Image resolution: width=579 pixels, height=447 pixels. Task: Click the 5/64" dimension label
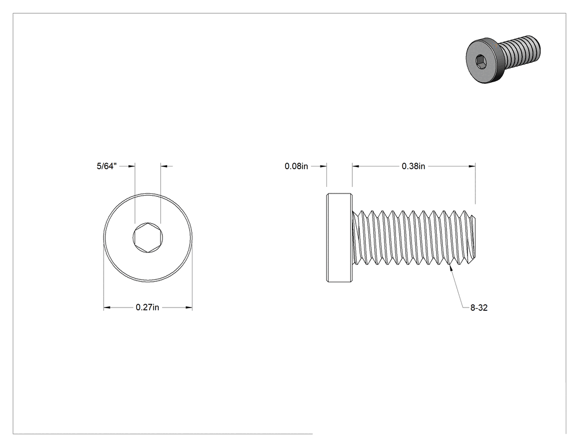107,166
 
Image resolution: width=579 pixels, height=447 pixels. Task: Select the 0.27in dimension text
147,307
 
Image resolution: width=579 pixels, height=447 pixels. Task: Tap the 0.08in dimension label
296,166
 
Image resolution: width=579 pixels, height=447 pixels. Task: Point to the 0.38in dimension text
413,166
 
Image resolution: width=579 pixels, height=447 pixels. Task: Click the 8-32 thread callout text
479,308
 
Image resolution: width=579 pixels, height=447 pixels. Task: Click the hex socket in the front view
148,238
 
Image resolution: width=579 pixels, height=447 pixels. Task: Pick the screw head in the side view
339,238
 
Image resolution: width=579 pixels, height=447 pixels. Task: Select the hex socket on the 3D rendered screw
480,61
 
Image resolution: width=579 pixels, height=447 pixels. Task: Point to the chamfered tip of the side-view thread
473,237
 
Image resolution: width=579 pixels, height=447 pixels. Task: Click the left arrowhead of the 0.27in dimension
107,307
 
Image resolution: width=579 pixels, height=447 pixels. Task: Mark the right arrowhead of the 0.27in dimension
189,307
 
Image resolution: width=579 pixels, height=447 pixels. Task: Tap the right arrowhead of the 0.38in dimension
472,166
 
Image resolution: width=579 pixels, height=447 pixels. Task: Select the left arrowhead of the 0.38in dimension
356,166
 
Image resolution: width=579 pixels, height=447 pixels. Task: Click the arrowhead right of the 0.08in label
323,166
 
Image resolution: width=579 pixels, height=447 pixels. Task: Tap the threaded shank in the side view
414,238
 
